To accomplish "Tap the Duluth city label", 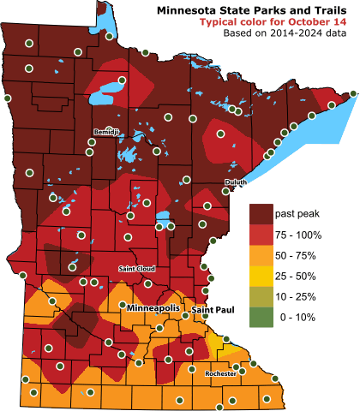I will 235,182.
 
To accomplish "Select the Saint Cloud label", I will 135,269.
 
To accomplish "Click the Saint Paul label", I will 212,308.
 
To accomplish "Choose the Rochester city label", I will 220,373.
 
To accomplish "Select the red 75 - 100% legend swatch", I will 260,235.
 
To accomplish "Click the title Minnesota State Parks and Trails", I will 254,9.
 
